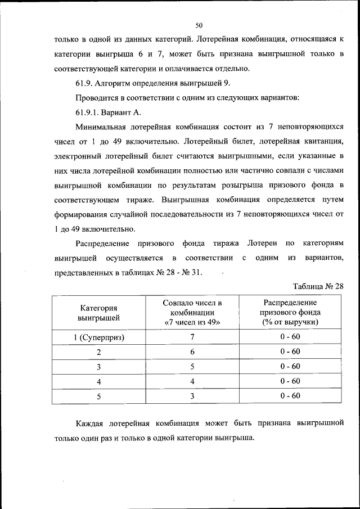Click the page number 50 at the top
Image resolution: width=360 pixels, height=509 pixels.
(x=199, y=25)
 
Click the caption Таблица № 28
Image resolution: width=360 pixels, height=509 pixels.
(x=318, y=286)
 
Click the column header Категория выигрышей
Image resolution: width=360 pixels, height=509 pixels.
(x=98, y=313)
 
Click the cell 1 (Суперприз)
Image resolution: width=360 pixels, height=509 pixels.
(x=98, y=337)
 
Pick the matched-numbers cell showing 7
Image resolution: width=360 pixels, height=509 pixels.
(x=192, y=337)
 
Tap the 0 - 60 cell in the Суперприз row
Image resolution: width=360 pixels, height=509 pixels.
(x=290, y=337)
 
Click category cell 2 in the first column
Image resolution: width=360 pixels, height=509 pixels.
(x=98, y=352)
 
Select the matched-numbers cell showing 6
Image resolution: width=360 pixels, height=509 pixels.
(x=192, y=352)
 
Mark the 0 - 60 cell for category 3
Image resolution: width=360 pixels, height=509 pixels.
(x=290, y=367)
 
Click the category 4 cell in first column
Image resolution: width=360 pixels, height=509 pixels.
(x=98, y=381)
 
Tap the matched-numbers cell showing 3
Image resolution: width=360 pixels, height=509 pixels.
(x=192, y=396)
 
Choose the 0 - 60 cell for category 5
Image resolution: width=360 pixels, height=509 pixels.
(x=290, y=396)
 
